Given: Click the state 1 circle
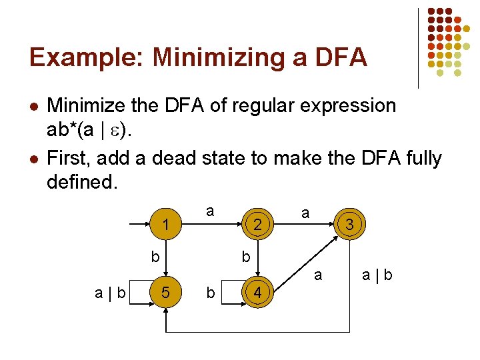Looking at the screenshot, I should click(x=165, y=225).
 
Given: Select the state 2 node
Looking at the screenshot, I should click(x=257, y=225).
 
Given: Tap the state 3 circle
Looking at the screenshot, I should click(x=349, y=225).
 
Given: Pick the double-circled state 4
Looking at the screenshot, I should click(x=257, y=291).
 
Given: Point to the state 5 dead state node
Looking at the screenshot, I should click(x=165, y=291).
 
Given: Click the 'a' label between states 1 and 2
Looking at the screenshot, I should click(x=210, y=211).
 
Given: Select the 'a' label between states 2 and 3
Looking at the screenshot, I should click(x=305, y=213).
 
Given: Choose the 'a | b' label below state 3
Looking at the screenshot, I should click(x=377, y=274).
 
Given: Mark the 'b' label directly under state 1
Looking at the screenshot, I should click(x=155, y=256).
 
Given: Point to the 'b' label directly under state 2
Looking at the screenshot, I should click(x=246, y=256).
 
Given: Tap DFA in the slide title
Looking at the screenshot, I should click(x=341, y=57).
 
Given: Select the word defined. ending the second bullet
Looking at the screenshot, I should click(x=82, y=181).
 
